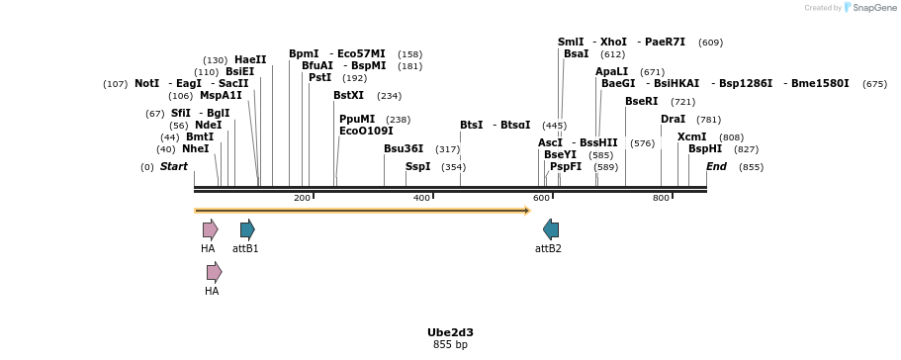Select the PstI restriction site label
[x=320, y=77]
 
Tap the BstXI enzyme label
[x=348, y=96]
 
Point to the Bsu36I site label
[x=404, y=148]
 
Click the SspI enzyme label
[x=418, y=166]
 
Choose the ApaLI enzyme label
[x=611, y=71]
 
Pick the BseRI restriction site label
[x=641, y=101]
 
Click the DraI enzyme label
[x=673, y=119]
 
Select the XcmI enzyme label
[x=691, y=136]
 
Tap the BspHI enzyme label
[x=705, y=148]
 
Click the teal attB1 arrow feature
[x=247, y=229]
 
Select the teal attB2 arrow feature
[x=551, y=229]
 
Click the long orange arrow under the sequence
[x=362, y=210]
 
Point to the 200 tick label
[x=302, y=199]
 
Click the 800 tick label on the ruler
[x=661, y=199]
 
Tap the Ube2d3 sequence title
[x=450, y=332]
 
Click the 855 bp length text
[x=450, y=345]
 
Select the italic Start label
[x=174, y=166]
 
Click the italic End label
[x=716, y=166]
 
